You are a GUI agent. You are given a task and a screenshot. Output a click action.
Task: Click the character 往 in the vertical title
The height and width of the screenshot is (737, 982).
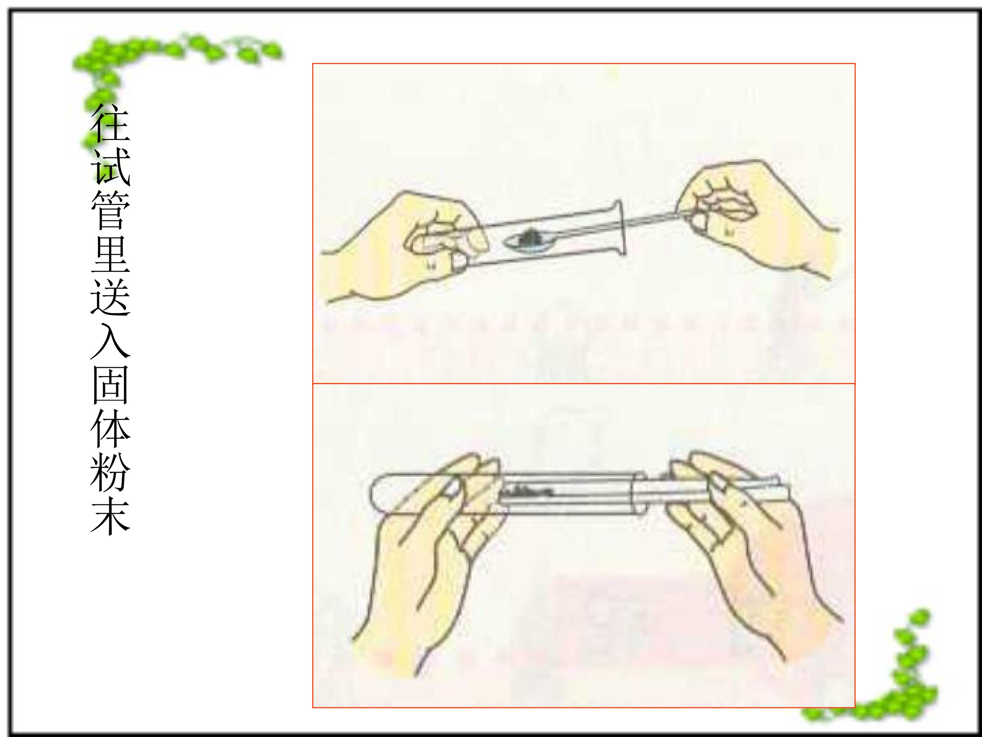(x=110, y=123)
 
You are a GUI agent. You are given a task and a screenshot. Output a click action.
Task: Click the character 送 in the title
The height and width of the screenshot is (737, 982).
(x=110, y=297)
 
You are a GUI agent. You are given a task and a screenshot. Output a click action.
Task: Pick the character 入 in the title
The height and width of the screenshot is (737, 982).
(x=110, y=340)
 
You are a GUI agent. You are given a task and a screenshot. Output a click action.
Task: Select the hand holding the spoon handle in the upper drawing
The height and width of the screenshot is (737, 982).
(x=750, y=218)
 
